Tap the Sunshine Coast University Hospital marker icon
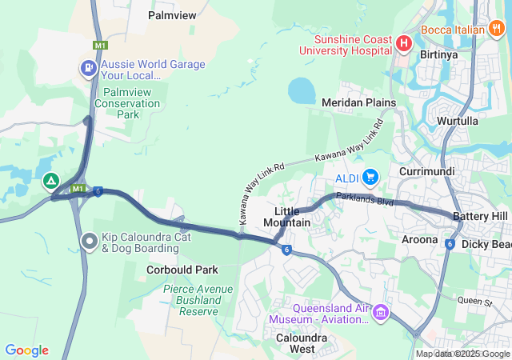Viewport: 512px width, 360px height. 404,42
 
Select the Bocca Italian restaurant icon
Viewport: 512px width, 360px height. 497,30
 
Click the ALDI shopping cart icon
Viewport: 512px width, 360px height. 370,177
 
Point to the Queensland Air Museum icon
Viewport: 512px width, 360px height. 382,311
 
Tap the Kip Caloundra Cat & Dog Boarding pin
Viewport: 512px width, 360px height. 90,240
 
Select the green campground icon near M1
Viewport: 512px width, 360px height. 51,181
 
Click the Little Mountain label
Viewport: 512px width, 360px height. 287,217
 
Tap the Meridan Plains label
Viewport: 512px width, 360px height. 358,102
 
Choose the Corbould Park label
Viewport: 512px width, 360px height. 182,270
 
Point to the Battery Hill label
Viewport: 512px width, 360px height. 480,217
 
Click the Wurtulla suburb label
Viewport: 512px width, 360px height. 457,121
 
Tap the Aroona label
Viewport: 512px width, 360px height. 419,239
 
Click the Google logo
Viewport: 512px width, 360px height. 26,350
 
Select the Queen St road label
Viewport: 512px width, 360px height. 474,302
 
